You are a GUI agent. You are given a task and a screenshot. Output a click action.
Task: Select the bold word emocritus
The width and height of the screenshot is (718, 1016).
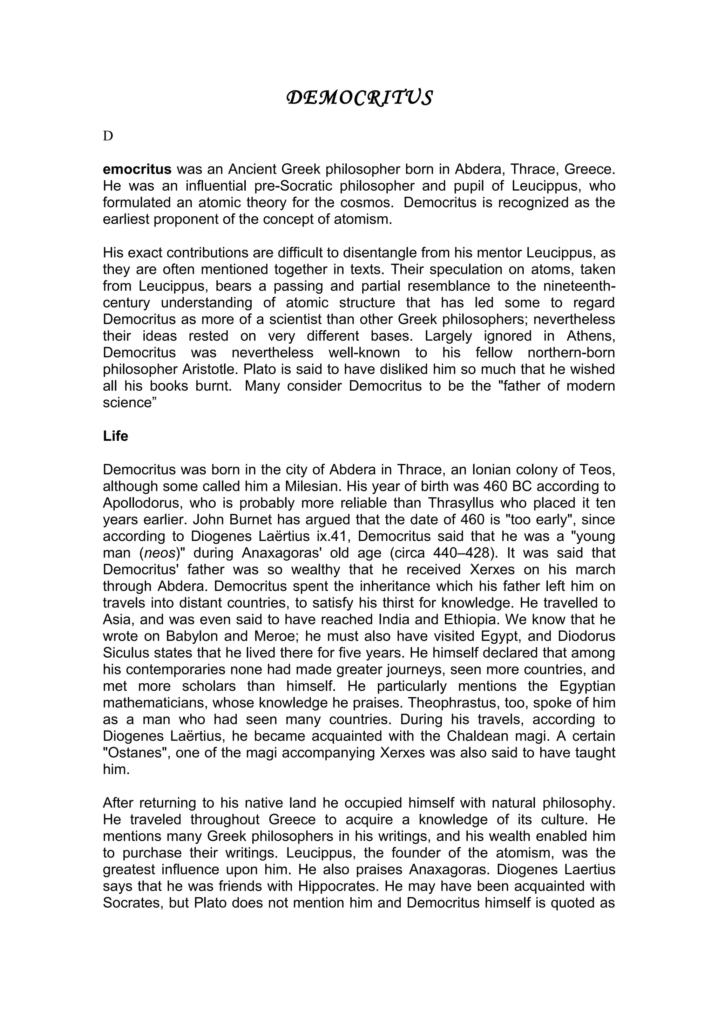click(137, 169)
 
